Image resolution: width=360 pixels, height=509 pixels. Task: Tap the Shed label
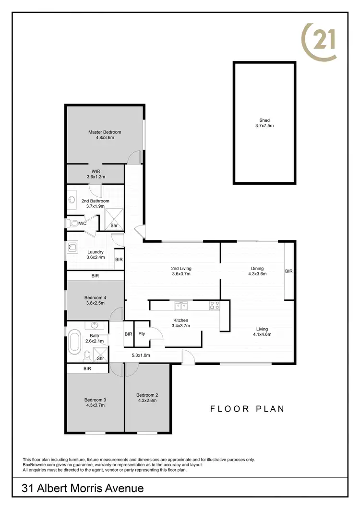click(x=264, y=120)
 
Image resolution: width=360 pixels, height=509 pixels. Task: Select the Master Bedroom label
click(x=104, y=132)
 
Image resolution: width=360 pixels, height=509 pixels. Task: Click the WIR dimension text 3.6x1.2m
click(x=96, y=177)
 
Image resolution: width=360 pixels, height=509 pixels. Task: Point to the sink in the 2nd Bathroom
click(x=72, y=200)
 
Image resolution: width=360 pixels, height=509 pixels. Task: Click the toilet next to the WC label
click(x=73, y=223)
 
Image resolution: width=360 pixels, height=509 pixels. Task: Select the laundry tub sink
click(x=72, y=247)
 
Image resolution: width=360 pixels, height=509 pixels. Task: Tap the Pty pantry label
click(x=142, y=334)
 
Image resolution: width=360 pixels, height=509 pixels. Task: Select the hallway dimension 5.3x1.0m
click(x=141, y=355)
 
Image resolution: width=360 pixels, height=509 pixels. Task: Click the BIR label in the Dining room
click(x=288, y=271)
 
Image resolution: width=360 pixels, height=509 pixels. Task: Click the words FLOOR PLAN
click(x=248, y=409)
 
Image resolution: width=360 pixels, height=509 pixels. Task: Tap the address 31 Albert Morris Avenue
click(x=83, y=488)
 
